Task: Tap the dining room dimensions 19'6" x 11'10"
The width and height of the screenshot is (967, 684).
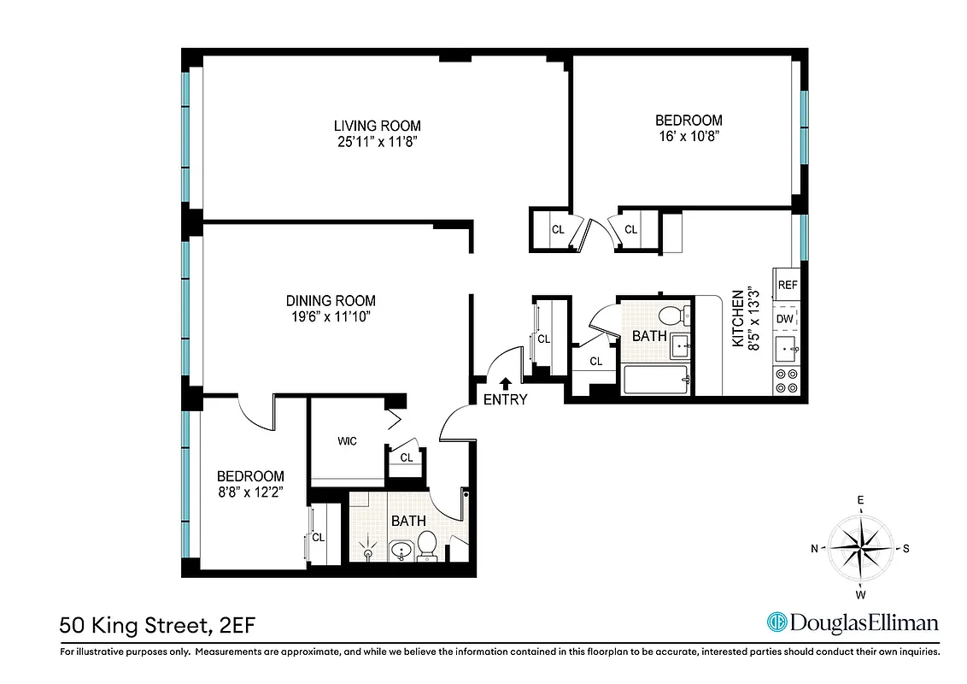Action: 330,317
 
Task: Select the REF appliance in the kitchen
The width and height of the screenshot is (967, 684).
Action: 787,285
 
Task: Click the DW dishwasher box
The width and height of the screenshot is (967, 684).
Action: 786,319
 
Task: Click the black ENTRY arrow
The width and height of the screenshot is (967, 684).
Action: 506,384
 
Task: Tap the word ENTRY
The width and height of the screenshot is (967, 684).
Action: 506,400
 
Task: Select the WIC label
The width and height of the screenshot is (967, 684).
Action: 347,441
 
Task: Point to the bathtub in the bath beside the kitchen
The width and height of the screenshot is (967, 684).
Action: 657,380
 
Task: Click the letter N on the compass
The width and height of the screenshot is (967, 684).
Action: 815,549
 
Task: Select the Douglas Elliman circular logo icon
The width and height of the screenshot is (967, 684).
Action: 777,622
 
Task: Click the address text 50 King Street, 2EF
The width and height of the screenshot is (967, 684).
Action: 156,626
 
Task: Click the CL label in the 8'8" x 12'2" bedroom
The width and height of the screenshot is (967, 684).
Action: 319,538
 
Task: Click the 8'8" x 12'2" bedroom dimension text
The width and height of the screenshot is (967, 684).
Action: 249,492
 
